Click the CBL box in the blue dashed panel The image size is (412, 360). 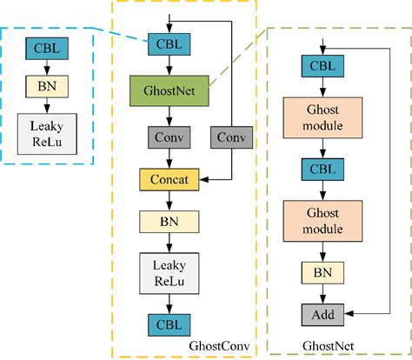pos(43,47)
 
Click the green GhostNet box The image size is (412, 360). pos(165,89)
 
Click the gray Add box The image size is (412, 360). pos(323,314)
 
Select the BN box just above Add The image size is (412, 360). pos(323,272)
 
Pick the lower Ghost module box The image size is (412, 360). pos(323,220)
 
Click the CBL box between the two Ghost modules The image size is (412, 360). pos(323,168)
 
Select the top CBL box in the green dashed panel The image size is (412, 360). pos(323,65)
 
